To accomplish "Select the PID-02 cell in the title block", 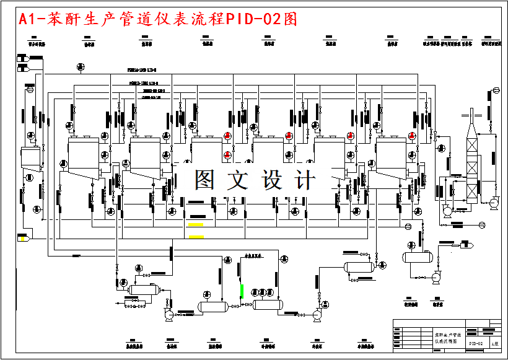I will tap(475, 343).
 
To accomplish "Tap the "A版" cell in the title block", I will tap(494, 343).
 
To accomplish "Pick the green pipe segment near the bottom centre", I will tap(242, 290).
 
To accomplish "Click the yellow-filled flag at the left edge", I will tap(24, 238).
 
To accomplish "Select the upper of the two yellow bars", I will tap(196, 224).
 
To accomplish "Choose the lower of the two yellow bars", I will tap(196, 237).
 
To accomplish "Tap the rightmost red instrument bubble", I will tap(413, 136).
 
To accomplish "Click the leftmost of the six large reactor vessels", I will tap(83, 158).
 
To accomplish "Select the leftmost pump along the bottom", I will tap(168, 315).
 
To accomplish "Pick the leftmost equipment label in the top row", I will tap(37, 44).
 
